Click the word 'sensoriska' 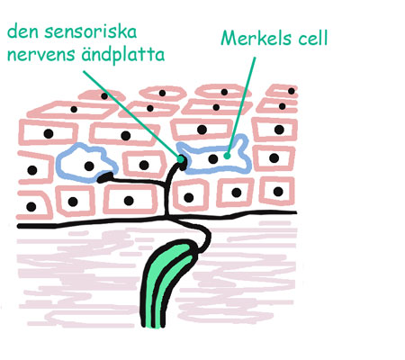91,31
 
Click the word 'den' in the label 22,31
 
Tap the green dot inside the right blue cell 227,156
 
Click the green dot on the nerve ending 181,159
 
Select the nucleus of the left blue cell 89,166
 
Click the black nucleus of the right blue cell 213,158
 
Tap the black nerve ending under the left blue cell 104,177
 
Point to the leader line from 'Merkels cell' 241,106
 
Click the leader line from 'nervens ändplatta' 132,115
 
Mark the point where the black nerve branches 166,182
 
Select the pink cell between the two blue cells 144,165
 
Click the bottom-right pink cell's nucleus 278,191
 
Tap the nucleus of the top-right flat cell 292,91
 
